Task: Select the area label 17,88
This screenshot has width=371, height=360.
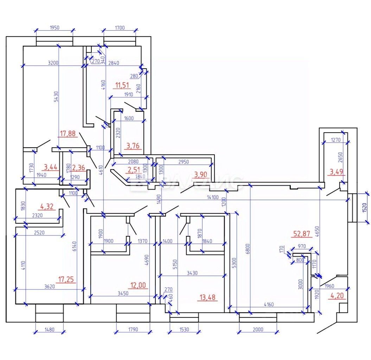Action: point(68,134)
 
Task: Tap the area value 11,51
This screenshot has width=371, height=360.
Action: point(122,85)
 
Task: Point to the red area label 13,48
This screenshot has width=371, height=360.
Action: point(207,298)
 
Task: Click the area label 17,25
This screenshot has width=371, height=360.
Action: point(66,279)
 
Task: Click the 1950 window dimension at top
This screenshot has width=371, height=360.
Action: point(55,27)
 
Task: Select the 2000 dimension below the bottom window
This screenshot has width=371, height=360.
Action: point(258,329)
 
